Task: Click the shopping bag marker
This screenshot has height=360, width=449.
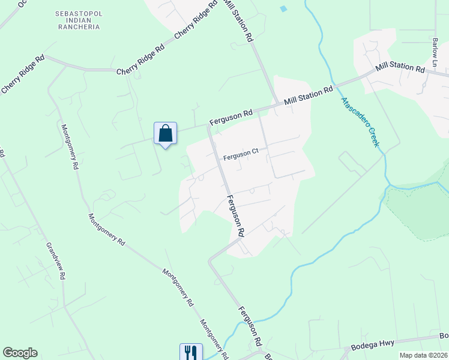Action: click(166, 133)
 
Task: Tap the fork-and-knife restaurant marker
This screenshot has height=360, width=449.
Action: click(191, 352)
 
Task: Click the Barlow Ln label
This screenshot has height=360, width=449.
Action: click(435, 48)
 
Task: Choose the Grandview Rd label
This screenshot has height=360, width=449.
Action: click(55, 262)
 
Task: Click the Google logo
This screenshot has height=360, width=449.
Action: click(20, 353)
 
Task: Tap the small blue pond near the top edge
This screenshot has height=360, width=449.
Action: click(283, 8)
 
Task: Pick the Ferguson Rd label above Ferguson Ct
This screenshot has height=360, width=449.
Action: click(231, 118)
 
